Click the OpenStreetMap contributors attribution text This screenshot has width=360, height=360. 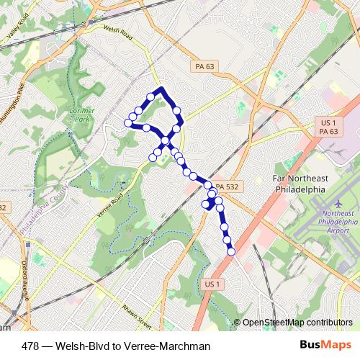[297, 323]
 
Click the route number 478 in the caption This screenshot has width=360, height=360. [32, 346]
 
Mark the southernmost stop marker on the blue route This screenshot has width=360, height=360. [231, 251]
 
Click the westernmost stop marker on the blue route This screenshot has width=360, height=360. [129, 123]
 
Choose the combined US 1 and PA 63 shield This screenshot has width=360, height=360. [328, 127]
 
